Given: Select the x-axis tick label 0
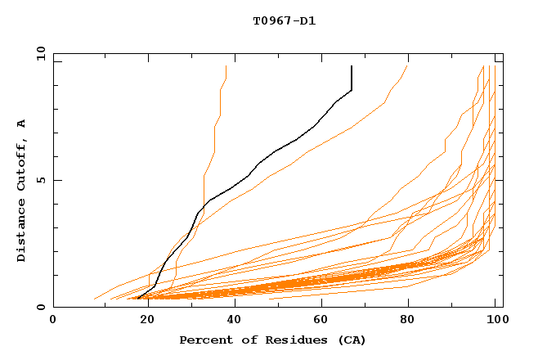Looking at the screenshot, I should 53,321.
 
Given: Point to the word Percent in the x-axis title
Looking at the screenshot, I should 205,340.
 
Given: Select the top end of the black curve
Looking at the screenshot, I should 352,66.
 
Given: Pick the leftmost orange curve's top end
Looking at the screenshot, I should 226,66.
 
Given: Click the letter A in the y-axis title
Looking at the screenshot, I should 22,124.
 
